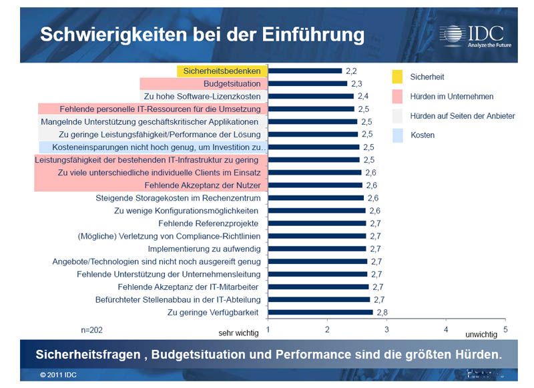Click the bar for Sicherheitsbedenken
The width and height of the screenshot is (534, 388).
click(x=304, y=71)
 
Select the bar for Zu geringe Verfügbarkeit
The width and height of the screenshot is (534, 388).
click(x=320, y=312)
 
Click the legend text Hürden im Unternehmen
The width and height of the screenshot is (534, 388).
click(x=452, y=97)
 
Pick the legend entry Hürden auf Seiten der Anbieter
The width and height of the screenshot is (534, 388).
click(x=463, y=116)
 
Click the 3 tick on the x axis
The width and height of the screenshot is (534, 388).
click(x=386, y=329)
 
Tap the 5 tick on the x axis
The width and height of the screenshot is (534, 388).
click(x=505, y=329)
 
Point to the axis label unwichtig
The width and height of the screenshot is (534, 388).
click(x=481, y=332)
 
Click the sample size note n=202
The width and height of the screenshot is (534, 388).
click(x=92, y=329)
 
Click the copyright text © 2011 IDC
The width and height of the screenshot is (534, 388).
click(x=58, y=375)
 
